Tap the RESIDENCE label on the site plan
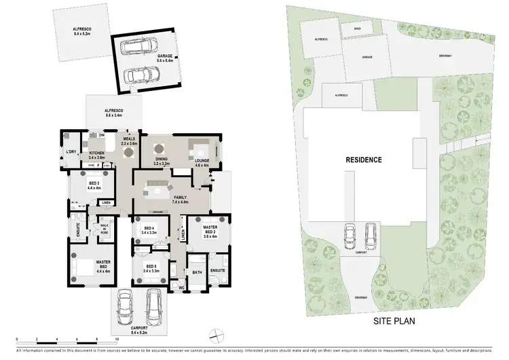coord(364,160)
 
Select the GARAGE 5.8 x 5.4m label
coord(160,60)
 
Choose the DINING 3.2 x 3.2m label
coord(160,162)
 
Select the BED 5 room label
coord(151,269)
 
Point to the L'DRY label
coord(70,152)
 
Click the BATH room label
coord(197,273)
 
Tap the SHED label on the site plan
coord(357,29)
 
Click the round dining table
coord(159,148)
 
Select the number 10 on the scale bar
coord(117,338)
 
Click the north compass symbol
coord(216,334)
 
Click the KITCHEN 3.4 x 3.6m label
coord(97,155)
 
